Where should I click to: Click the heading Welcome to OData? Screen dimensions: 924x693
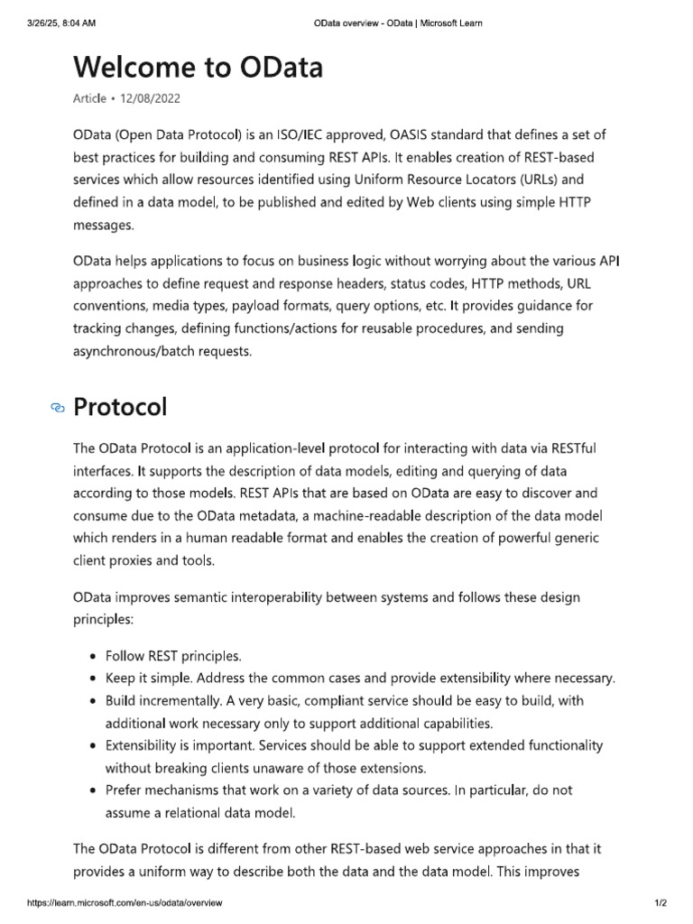(x=197, y=68)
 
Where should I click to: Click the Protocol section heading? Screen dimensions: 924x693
(x=120, y=407)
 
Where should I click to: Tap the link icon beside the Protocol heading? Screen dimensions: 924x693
(x=58, y=409)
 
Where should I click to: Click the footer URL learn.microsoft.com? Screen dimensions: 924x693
(x=125, y=902)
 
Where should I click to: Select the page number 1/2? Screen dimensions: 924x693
(x=660, y=902)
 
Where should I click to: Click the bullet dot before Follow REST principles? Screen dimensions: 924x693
(x=94, y=656)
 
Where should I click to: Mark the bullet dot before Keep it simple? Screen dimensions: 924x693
(x=94, y=679)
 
